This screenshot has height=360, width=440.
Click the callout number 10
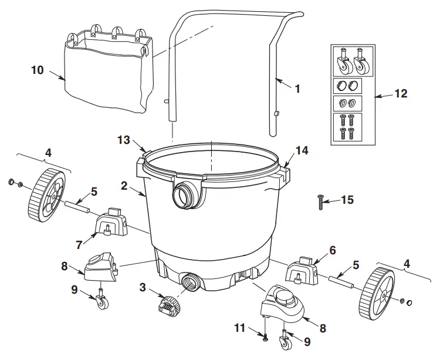tap(37, 70)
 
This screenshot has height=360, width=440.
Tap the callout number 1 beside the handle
tap(297, 89)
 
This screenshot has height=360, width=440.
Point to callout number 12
tap(401, 93)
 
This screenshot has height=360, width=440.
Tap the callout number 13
tap(123, 140)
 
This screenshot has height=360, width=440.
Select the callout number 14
tap(302, 151)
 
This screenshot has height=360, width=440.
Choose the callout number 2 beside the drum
tap(124, 186)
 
